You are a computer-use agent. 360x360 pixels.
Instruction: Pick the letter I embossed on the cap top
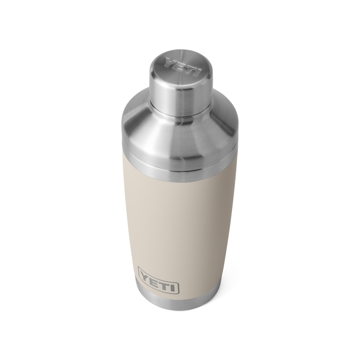pos(197,72)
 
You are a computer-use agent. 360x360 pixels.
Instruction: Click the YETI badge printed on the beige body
pos(158,280)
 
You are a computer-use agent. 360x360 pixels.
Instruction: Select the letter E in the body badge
pos(156,280)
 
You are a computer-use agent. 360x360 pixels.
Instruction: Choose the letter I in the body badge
pos(174,286)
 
